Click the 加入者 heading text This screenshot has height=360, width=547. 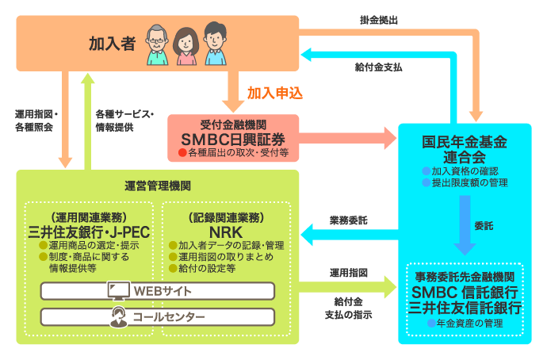tap(113, 44)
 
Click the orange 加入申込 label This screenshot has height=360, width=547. tap(275, 93)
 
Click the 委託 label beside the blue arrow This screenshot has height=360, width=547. tap(483, 225)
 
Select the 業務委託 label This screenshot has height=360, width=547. tap(348, 220)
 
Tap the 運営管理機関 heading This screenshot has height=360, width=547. tap(158, 186)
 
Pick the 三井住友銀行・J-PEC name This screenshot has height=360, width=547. tap(90, 232)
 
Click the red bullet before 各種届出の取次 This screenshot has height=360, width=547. tap(182, 151)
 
